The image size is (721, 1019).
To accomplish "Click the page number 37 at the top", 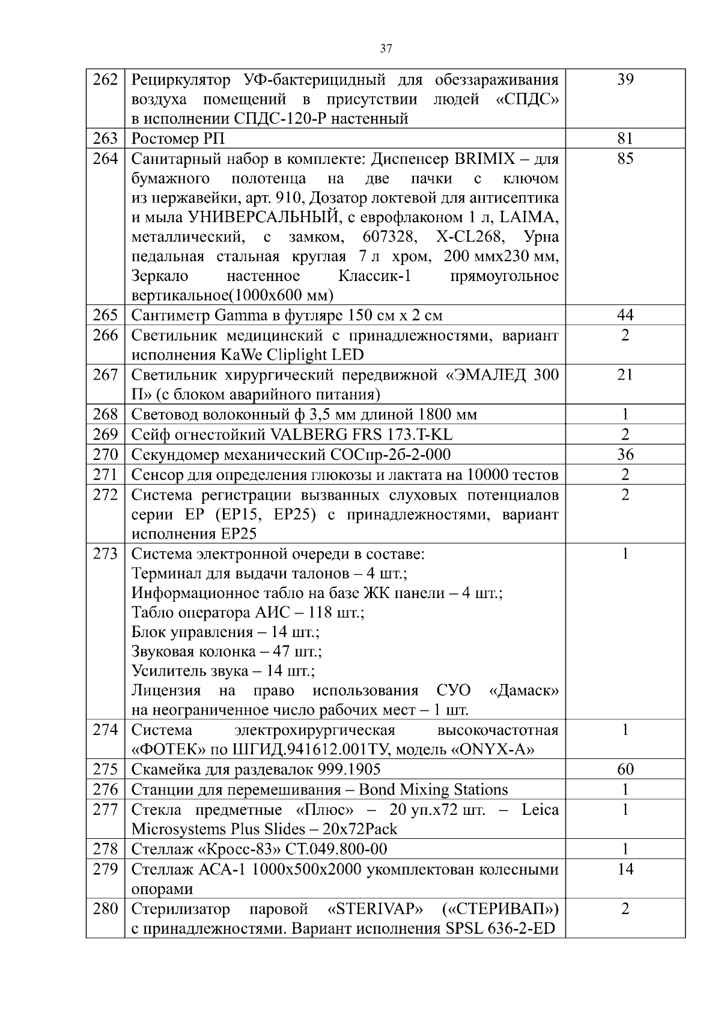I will click(386, 49).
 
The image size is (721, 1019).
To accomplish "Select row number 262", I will click(105, 79).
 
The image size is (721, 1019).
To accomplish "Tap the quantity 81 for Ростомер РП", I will click(625, 139).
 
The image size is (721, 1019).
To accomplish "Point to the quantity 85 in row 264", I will click(625, 159).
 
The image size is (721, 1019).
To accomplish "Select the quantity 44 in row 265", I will click(625, 315).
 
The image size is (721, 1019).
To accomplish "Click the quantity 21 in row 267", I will click(625, 375).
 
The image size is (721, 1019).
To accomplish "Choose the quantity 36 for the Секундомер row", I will click(625, 455).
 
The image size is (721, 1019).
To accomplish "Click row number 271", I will click(105, 475).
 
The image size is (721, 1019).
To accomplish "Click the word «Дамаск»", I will click(524, 691).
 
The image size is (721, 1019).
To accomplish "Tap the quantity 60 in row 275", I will click(625, 770).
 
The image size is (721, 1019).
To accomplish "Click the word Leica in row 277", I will click(540, 809).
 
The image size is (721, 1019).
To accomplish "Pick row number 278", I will click(105, 849).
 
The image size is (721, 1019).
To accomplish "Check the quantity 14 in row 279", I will click(625, 869).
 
